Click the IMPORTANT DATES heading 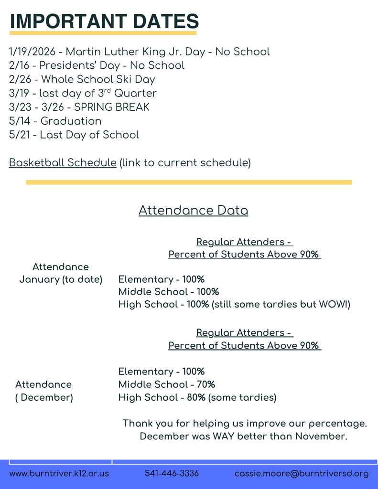(x=104, y=21)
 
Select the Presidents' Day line (x=97, y=65)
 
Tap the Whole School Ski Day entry (x=82, y=79)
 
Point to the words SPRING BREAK (x=111, y=107)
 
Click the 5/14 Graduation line (x=55, y=121)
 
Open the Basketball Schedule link (x=63, y=162)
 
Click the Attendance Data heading (x=193, y=211)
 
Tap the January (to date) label (x=61, y=279)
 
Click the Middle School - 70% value (x=167, y=384)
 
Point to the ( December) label (x=44, y=397)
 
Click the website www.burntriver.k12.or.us (x=59, y=474)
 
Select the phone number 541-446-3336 (x=172, y=474)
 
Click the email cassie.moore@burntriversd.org (x=302, y=474)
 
